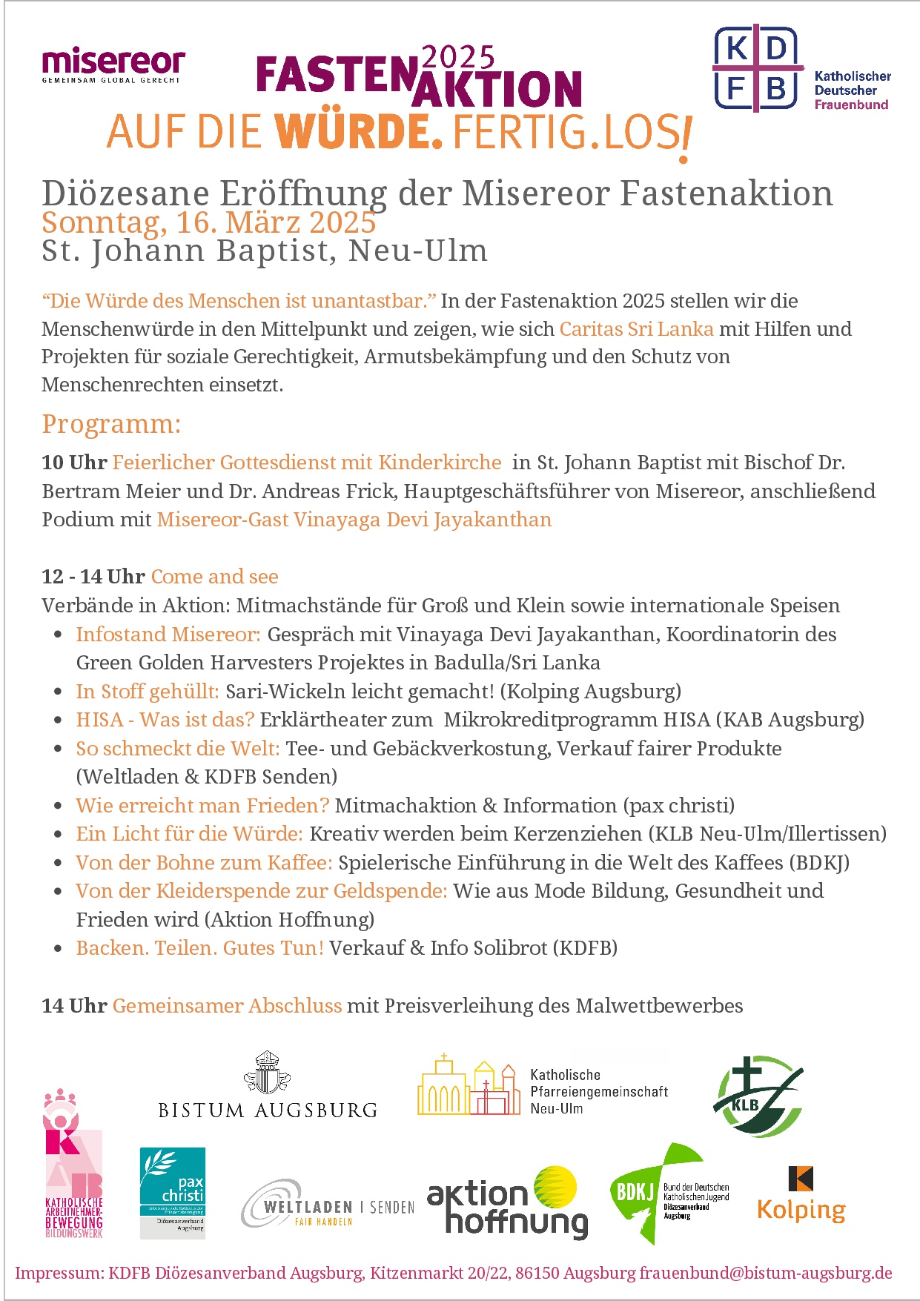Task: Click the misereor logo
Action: tap(113, 64)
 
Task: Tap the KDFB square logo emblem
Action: tap(757, 69)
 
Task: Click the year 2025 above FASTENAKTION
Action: tap(457, 57)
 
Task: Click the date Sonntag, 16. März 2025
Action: tap(209, 222)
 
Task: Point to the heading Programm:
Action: tap(111, 424)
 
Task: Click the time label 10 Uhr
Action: tap(74, 463)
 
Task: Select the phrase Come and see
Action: tap(214, 577)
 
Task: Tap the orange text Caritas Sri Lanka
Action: tap(636, 329)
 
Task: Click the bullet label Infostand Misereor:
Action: tap(168, 635)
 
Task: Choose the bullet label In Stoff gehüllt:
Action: tap(147, 692)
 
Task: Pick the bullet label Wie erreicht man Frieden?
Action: tap(202, 806)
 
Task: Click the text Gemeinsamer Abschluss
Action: tap(227, 1006)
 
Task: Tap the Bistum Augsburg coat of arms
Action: tap(267, 1073)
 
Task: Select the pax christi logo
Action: tap(173, 1191)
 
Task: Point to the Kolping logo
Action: tap(801, 1195)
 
